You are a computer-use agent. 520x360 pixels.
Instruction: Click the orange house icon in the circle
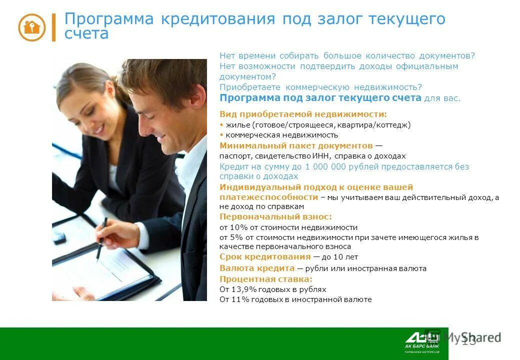point(31,27)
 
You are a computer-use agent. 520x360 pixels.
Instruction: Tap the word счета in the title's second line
point(86,33)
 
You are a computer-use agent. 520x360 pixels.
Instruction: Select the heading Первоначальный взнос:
point(275,217)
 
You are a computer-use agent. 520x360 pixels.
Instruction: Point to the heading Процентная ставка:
point(266,279)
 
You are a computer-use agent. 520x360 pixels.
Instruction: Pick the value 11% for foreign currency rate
point(238,300)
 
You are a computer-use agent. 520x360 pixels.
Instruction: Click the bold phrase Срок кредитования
point(265,257)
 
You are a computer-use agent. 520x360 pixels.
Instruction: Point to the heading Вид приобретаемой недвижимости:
point(303,114)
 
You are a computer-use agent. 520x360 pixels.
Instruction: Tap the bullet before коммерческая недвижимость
point(221,135)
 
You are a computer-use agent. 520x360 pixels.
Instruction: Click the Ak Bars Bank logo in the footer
point(422,341)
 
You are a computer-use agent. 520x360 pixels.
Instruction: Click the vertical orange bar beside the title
point(53,27)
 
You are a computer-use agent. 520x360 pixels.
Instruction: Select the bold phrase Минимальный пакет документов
point(296,146)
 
